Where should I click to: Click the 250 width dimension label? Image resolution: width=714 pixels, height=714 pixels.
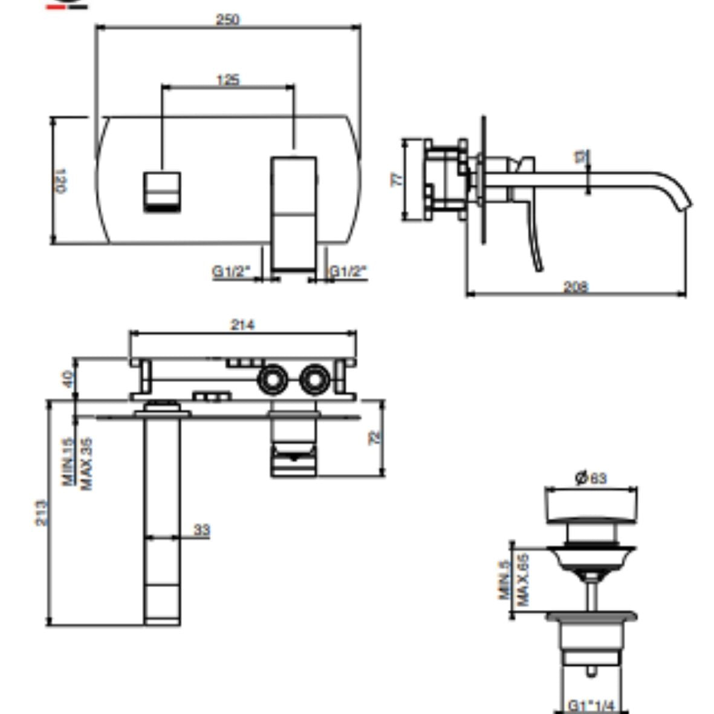(x=228, y=19)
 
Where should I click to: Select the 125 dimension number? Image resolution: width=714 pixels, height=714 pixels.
(x=228, y=80)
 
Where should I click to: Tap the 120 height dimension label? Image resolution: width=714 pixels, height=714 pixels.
(x=61, y=180)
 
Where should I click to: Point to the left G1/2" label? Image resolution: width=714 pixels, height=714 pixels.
(x=230, y=271)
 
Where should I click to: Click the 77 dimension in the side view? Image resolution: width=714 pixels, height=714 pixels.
(x=397, y=180)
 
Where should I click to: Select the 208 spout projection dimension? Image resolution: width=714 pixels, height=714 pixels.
(x=576, y=287)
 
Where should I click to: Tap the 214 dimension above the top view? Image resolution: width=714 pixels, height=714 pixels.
(x=242, y=325)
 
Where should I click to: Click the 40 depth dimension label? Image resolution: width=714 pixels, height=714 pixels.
(x=67, y=379)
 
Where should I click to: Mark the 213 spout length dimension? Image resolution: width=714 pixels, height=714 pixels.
(x=41, y=512)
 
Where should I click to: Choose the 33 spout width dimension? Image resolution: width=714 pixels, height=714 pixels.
(x=201, y=530)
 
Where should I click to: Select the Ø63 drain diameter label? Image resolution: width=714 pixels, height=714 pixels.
(x=591, y=478)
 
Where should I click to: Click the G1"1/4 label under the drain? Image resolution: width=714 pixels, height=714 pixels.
(x=591, y=706)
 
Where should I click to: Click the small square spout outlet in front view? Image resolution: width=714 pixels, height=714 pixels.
(x=162, y=192)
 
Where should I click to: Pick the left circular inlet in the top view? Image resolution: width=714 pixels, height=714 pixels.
(x=272, y=380)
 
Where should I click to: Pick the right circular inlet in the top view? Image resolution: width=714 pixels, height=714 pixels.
(x=314, y=380)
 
